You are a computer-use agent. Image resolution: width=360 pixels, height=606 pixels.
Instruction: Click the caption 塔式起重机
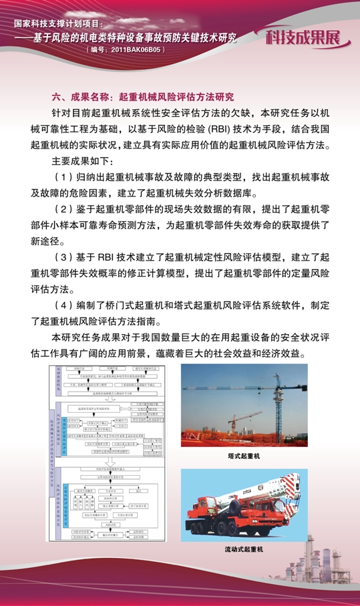tap(244, 456)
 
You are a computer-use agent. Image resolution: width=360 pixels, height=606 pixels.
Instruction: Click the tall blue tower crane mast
tap(263, 401)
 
